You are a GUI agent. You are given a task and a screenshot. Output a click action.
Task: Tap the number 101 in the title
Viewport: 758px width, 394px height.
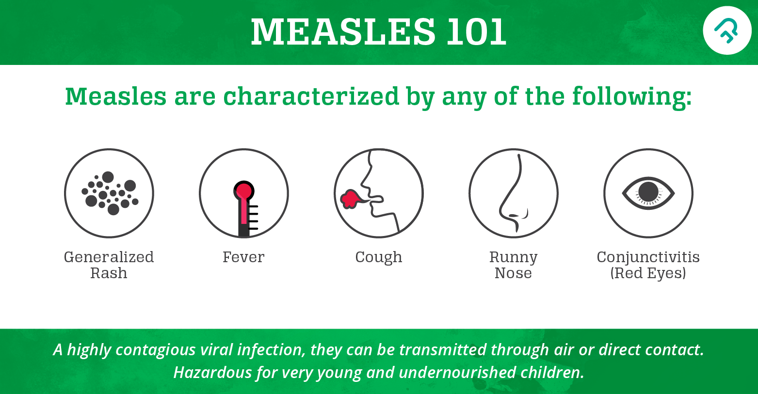476,32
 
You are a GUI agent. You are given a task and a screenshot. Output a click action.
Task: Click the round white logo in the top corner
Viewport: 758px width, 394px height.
726,31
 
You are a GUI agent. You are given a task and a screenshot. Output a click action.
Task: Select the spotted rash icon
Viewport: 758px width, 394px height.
109,193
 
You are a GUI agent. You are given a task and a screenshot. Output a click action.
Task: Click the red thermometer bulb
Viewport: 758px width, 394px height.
243,190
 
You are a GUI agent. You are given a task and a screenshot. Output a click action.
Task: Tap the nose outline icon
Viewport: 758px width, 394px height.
514,193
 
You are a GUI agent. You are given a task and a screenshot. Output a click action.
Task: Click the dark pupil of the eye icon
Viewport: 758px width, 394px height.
648,192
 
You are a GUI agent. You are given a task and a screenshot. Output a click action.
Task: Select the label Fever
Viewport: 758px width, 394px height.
243,257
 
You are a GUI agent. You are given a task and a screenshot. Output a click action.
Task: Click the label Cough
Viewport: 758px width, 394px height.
379,257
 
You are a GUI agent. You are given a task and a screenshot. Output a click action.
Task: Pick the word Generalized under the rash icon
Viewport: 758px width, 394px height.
109,257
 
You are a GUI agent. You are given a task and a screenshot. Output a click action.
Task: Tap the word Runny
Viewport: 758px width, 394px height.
514,257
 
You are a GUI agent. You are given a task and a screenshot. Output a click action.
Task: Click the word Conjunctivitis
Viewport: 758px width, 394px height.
648,257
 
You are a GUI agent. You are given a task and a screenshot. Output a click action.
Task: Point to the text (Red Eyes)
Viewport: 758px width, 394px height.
648,273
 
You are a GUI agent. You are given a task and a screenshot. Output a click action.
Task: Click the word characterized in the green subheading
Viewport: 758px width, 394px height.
311,96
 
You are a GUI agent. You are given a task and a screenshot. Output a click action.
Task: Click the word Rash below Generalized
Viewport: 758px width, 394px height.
109,273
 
